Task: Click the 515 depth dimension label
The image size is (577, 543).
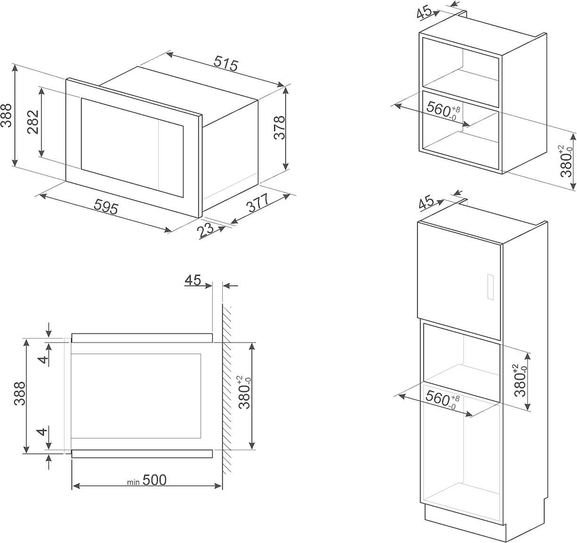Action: [x=227, y=63]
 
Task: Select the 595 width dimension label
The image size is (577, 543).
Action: [x=106, y=207]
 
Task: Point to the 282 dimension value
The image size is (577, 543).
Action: [x=33, y=122]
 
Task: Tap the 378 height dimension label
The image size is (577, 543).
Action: [x=279, y=127]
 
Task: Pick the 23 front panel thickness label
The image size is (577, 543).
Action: [x=206, y=229]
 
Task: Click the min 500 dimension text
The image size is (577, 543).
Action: [x=147, y=480]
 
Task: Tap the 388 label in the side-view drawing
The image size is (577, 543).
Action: [x=19, y=393]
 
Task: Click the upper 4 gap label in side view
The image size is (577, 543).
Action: [x=43, y=360]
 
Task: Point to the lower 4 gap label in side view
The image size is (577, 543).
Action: [x=43, y=431]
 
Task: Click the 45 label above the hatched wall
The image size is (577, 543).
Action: [x=193, y=280]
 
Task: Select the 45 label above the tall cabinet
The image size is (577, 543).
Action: [x=426, y=203]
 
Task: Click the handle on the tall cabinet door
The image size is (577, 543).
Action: [x=490, y=287]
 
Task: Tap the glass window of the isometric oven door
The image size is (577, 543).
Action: [x=132, y=147]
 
